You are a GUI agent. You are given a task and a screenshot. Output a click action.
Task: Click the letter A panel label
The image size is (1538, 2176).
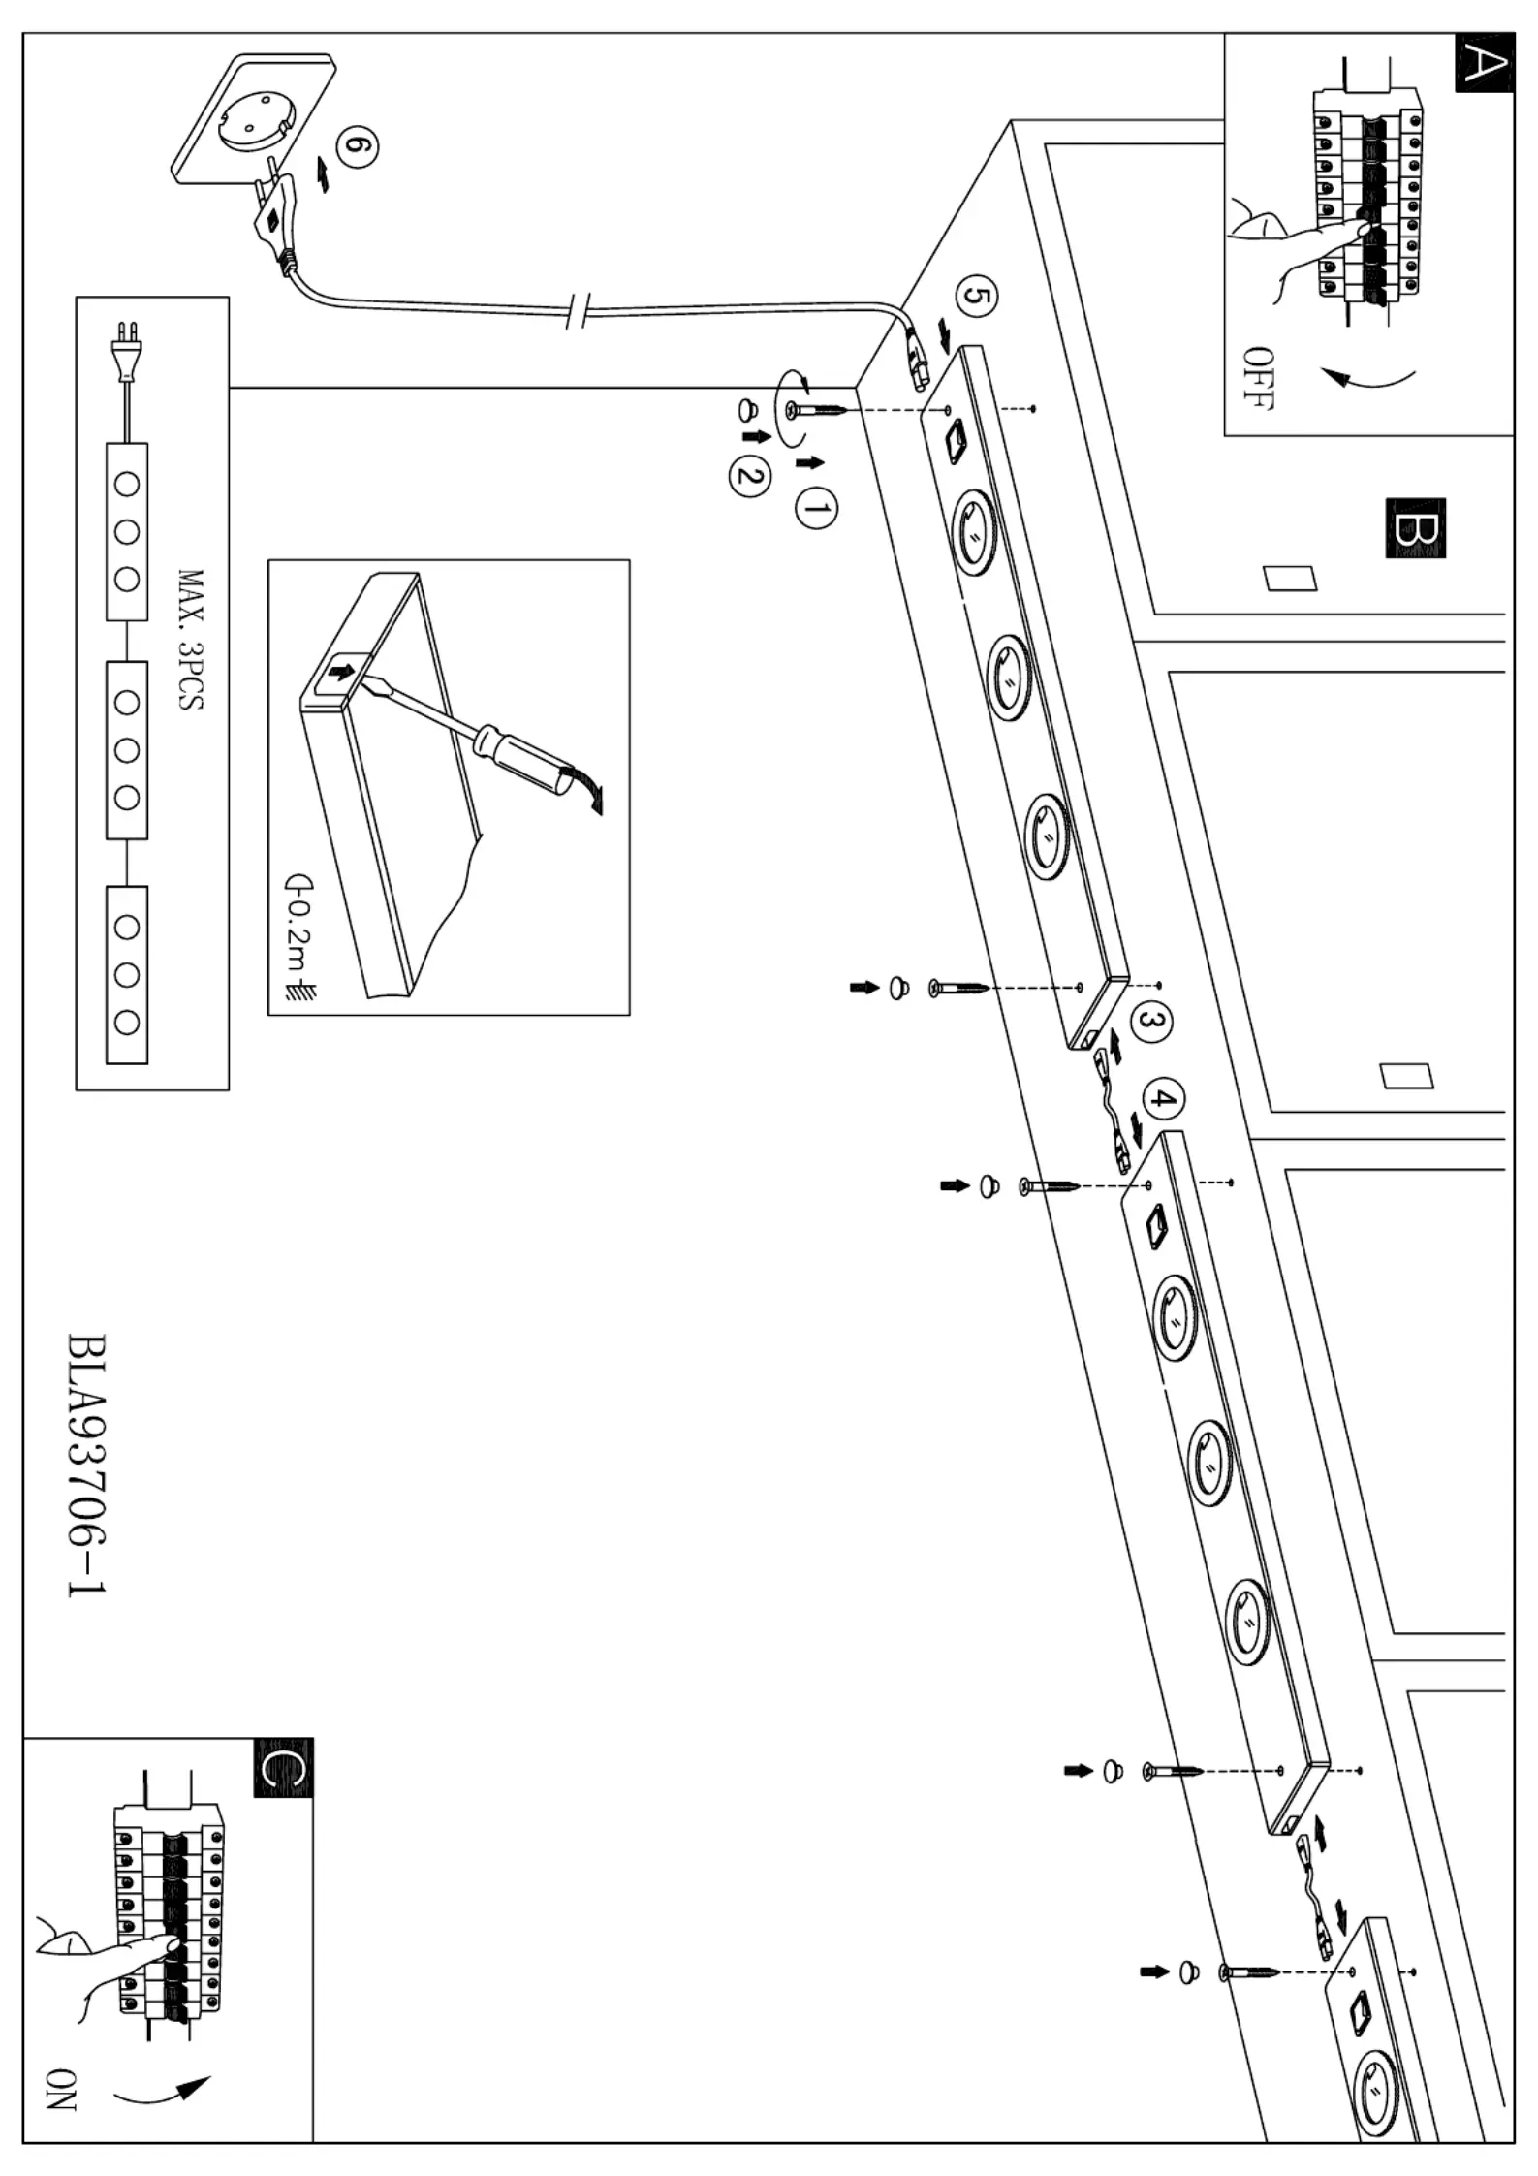1483,64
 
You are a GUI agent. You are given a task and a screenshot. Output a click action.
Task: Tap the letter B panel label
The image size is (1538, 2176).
1415,528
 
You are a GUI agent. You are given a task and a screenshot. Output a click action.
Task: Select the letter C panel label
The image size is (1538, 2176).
283,1768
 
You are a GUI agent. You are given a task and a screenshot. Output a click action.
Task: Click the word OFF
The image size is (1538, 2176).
1257,377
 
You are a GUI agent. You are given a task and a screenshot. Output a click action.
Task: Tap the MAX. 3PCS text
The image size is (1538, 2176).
191,640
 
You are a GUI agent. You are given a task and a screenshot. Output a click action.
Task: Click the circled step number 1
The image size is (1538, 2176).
815,508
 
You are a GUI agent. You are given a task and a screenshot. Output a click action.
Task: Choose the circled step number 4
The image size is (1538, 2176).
1164,1100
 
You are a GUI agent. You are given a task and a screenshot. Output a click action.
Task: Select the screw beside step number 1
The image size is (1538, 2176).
820,411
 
